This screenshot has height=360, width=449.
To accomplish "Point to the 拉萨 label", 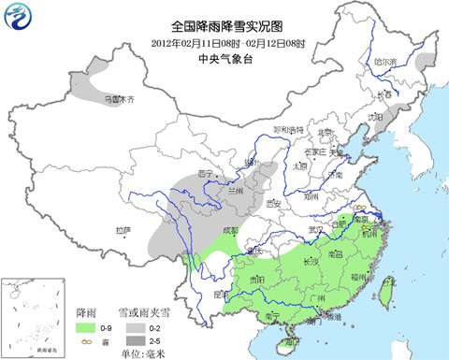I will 123,230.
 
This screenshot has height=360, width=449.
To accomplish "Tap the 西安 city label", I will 274,202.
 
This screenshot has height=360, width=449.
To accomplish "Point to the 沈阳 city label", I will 377,117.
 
